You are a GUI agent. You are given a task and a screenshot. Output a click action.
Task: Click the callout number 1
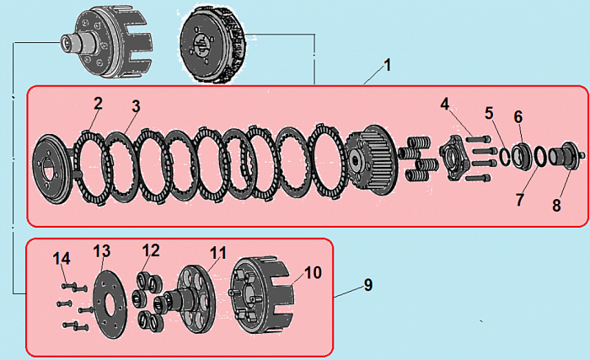[x=386, y=65]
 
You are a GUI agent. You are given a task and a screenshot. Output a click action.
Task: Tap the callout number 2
[x=98, y=104]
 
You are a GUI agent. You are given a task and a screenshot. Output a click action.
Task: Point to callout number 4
[x=445, y=104]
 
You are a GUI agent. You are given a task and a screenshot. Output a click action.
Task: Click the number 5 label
[x=489, y=112]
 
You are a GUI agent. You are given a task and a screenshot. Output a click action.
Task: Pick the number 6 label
[x=518, y=116]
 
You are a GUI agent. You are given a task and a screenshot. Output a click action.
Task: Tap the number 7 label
[x=519, y=201]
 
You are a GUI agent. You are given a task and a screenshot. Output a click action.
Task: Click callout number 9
[x=367, y=285]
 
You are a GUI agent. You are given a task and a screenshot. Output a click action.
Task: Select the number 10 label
[x=313, y=272]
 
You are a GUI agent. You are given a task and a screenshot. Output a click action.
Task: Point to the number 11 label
[x=218, y=252]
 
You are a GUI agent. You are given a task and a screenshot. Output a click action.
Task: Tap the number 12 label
[x=151, y=250]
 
